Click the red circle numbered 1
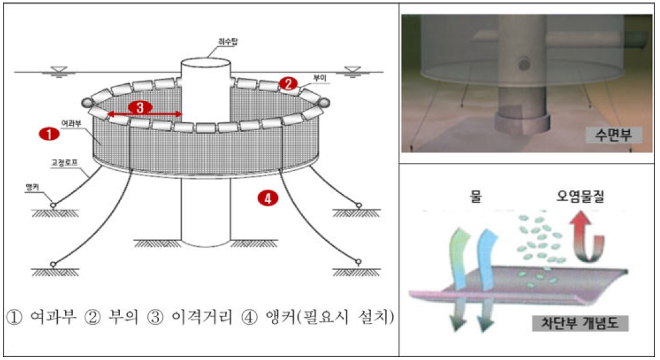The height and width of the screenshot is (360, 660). (x=48, y=133)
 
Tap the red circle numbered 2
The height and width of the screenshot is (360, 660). (x=288, y=83)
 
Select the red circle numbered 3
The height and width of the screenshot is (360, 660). (x=140, y=108)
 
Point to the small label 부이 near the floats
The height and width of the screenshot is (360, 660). (x=320, y=78)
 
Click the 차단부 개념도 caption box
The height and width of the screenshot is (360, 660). (x=581, y=323)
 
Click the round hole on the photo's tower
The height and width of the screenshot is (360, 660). (x=523, y=64)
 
